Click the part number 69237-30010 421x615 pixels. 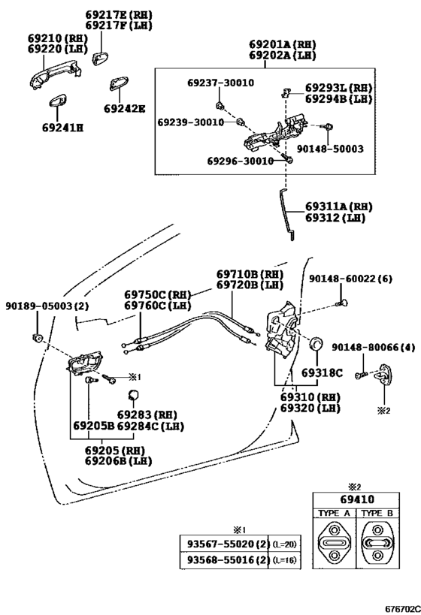point(221,83)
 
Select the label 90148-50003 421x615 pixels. point(330,149)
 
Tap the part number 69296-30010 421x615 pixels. point(241,161)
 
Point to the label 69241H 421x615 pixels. point(63,128)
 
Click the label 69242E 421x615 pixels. point(125,108)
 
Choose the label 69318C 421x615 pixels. point(322,372)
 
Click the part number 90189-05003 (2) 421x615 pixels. point(47,306)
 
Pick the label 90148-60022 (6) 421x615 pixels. point(350,279)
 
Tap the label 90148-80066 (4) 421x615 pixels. point(373,347)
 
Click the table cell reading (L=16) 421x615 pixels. point(285,560)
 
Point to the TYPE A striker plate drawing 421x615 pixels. point(335,543)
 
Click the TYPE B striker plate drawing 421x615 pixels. point(377,543)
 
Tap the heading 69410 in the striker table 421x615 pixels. point(357,499)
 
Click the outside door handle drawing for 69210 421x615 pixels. point(56,76)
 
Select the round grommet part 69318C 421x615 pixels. point(317,344)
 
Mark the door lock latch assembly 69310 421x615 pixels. point(282,330)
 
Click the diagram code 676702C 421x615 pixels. point(402,609)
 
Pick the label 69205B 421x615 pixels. point(94,426)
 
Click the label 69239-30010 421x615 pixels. point(191,122)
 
